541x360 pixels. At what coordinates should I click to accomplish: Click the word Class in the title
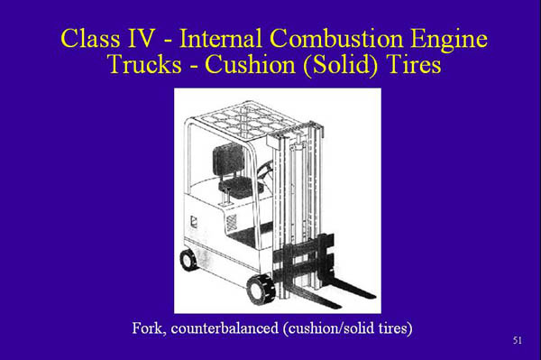(94, 40)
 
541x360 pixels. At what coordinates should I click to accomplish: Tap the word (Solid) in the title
(334, 67)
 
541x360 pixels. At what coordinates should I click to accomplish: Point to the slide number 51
(517, 341)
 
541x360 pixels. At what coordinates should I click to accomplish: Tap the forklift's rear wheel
(189, 260)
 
